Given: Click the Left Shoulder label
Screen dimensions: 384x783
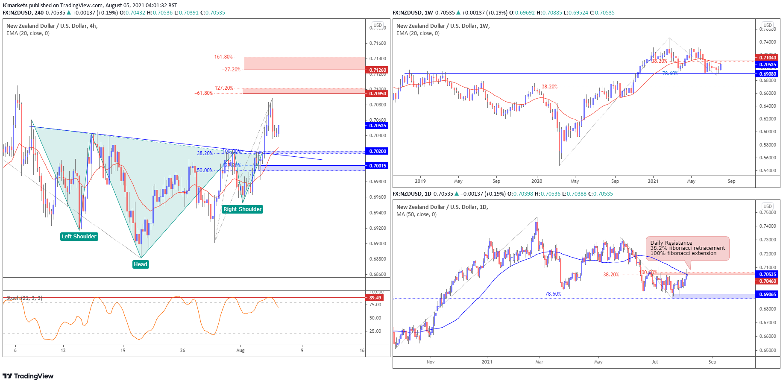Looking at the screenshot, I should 79,237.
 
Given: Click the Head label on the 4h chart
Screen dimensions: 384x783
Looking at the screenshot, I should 141,264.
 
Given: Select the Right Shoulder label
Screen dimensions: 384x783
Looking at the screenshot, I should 242,209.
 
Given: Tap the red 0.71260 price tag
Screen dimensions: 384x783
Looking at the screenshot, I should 378,70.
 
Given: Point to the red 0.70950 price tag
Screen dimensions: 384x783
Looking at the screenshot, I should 378,94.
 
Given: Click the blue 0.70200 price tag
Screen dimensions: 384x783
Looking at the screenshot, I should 378,151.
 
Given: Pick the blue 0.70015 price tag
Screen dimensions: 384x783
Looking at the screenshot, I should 378,166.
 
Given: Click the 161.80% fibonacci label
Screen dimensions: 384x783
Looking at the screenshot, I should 223,57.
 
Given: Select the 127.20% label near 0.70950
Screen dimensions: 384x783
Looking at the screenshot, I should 224,88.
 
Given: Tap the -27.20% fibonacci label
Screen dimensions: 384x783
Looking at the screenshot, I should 231,70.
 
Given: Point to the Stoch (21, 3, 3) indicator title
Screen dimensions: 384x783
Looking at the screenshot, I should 24,298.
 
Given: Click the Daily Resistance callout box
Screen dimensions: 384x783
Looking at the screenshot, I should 687,248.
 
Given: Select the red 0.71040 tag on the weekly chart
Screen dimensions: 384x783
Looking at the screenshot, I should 768,58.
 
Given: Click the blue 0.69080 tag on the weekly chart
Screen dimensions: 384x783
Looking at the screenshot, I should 768,74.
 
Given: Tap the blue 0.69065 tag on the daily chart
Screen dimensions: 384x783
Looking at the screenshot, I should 768,294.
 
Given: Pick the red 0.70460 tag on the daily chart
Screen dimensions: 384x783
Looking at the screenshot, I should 768,281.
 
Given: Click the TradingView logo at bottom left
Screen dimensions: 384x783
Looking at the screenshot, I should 28,376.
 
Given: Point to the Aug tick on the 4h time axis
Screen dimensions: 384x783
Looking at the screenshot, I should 240,351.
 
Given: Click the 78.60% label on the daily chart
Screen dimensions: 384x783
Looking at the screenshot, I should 553,294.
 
